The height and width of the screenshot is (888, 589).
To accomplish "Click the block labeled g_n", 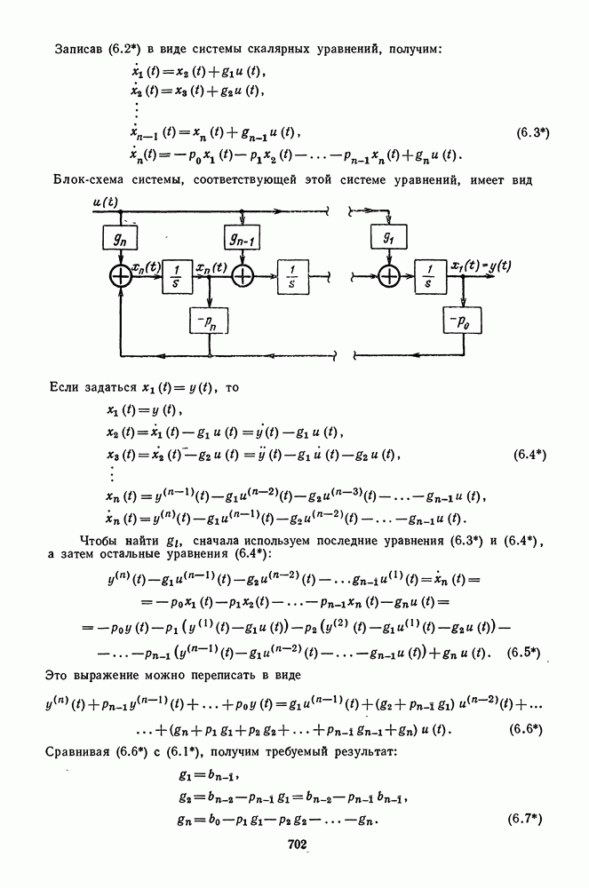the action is click(x=120, y=237).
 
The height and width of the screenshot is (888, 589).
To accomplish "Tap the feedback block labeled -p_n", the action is click(x=209, y=322).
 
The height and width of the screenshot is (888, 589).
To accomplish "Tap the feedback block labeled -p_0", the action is click(x=463, y=321).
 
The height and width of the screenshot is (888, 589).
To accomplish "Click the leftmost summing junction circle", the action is click(x=120, y=277).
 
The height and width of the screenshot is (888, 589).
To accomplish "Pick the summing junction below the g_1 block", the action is click(x=388, y=277).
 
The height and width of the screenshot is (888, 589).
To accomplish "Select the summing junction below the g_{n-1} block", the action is click(x=242, y=277).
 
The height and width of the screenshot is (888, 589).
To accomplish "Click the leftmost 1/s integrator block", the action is click(x=177, y=277).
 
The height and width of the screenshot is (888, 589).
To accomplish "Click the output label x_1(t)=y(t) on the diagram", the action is click(x=482, y=265).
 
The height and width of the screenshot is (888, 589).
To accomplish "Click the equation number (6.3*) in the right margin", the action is click(x=532, y=134).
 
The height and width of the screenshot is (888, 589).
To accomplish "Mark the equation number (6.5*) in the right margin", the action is click(x=524, y=653).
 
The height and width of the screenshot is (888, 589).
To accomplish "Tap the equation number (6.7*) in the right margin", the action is click(x=525, y=820).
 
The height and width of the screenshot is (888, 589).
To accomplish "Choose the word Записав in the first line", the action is click(x=77, y=49).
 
